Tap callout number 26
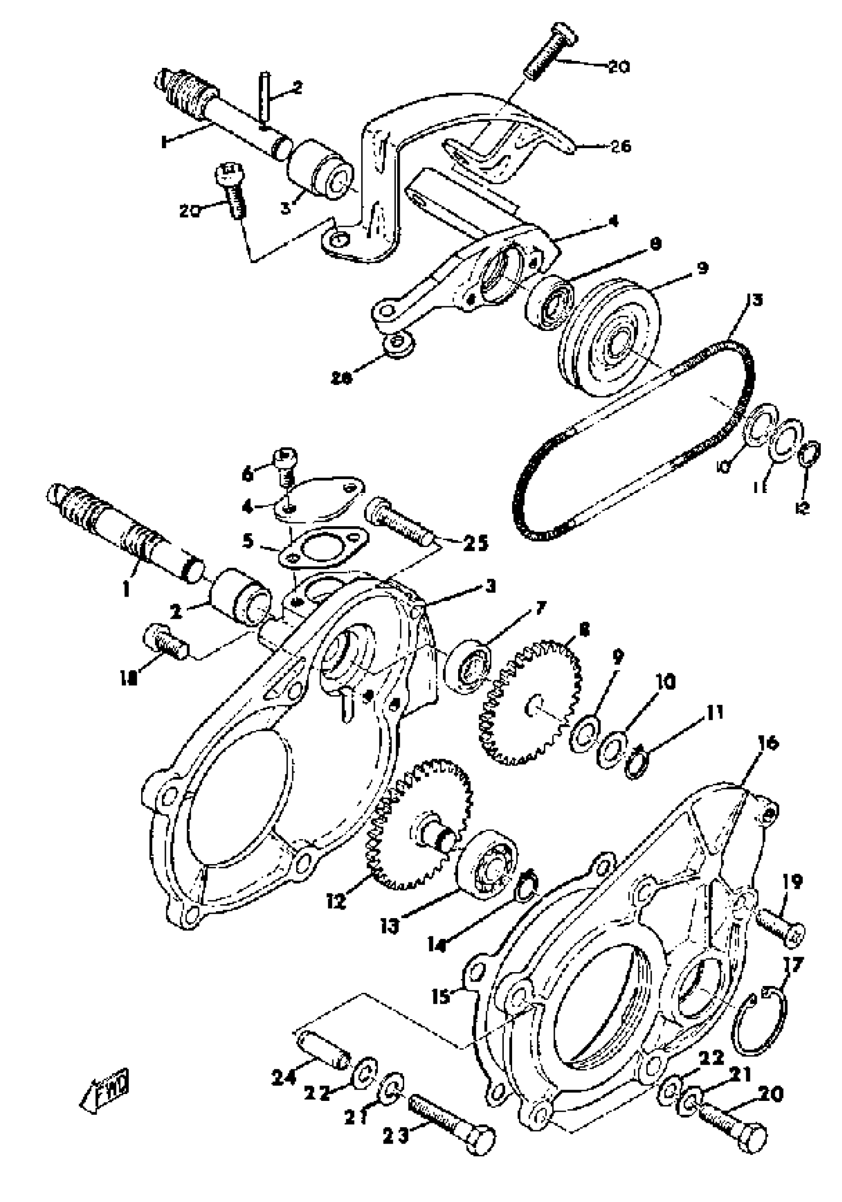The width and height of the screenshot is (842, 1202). click(621, 146)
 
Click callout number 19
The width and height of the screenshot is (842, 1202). click(793, 881)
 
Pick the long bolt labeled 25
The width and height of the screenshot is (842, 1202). click(400, 521)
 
